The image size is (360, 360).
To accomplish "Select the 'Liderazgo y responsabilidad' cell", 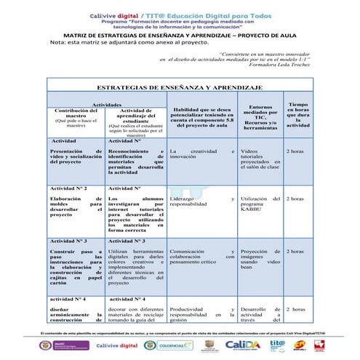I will click(201, 201).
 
